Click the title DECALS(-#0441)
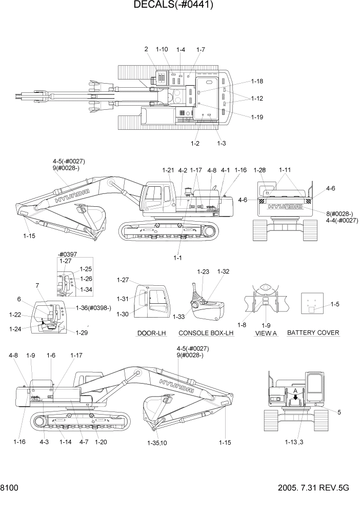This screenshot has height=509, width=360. click(173, 6)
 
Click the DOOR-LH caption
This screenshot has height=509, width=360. click(151, 333)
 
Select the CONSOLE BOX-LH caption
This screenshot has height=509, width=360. click(206, 333)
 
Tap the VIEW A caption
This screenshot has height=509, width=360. click(266, 333)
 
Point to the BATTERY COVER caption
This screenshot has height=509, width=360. click(313, 332)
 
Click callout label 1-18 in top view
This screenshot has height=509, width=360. click(257, 82)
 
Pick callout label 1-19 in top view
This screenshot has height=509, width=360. click(257, 117)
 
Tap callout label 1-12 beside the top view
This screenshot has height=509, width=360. click(257, 99)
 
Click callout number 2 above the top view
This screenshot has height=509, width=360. click(146, 49)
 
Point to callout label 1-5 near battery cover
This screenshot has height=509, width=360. click(335, 304)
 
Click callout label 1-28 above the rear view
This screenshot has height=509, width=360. click(260, 170)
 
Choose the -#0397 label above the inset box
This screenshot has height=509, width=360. click(68, 254)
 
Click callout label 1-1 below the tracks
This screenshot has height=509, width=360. click(177, 258)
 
